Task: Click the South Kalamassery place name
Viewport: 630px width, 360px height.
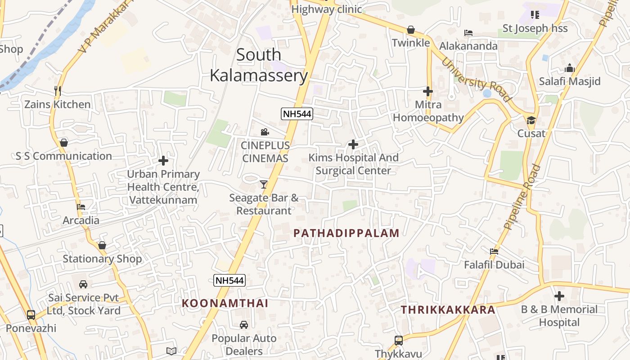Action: pyautogui.click(x=259, y=65)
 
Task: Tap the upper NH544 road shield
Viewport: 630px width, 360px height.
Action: pyautogui.click(x=297, y=114)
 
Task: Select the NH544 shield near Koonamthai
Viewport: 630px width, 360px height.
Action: pyautogui.click(x=229, y=280)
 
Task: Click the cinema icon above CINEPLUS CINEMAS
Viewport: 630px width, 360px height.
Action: pyautogui.click(x=265, y=132)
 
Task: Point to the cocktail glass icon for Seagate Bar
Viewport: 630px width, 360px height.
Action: pyautogui.click(x=264, y=184)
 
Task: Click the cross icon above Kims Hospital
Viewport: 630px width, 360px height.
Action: pyautogui.click(x=353, y=144)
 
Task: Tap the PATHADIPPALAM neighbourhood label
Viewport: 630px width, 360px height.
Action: pyautogui.click(x=346, y=233)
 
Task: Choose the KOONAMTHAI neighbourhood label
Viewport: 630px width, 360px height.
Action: pyautogui.click(x=225, y=303)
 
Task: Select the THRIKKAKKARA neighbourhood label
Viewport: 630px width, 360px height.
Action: pyautogui.click(x=448, y=310)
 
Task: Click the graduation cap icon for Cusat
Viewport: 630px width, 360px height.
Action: pyautogui.click(x=531, y=120)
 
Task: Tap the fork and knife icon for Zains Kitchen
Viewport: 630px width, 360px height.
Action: pyautogui.click(x=57, y=91)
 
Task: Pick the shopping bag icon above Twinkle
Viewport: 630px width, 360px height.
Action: pyautogui.click(x=411, y=30)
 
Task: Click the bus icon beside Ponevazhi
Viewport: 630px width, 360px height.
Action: pyautogui.click(x=31, y=315)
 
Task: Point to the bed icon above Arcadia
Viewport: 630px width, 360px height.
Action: pyautogui.click(x=81, y=207)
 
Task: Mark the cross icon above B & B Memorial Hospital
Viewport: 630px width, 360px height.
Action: pyautogui.click(x=559, y=296)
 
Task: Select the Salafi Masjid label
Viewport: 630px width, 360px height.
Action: pyautogui.click(x=570, y=81)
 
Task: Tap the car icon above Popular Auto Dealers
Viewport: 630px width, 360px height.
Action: pyautogui.click(x=244, y=325)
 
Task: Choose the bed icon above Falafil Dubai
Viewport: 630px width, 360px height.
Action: pyautogui.click(x=494, y=252)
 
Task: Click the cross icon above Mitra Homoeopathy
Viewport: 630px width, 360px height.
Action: pyautogui.click(x=427, y=91)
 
